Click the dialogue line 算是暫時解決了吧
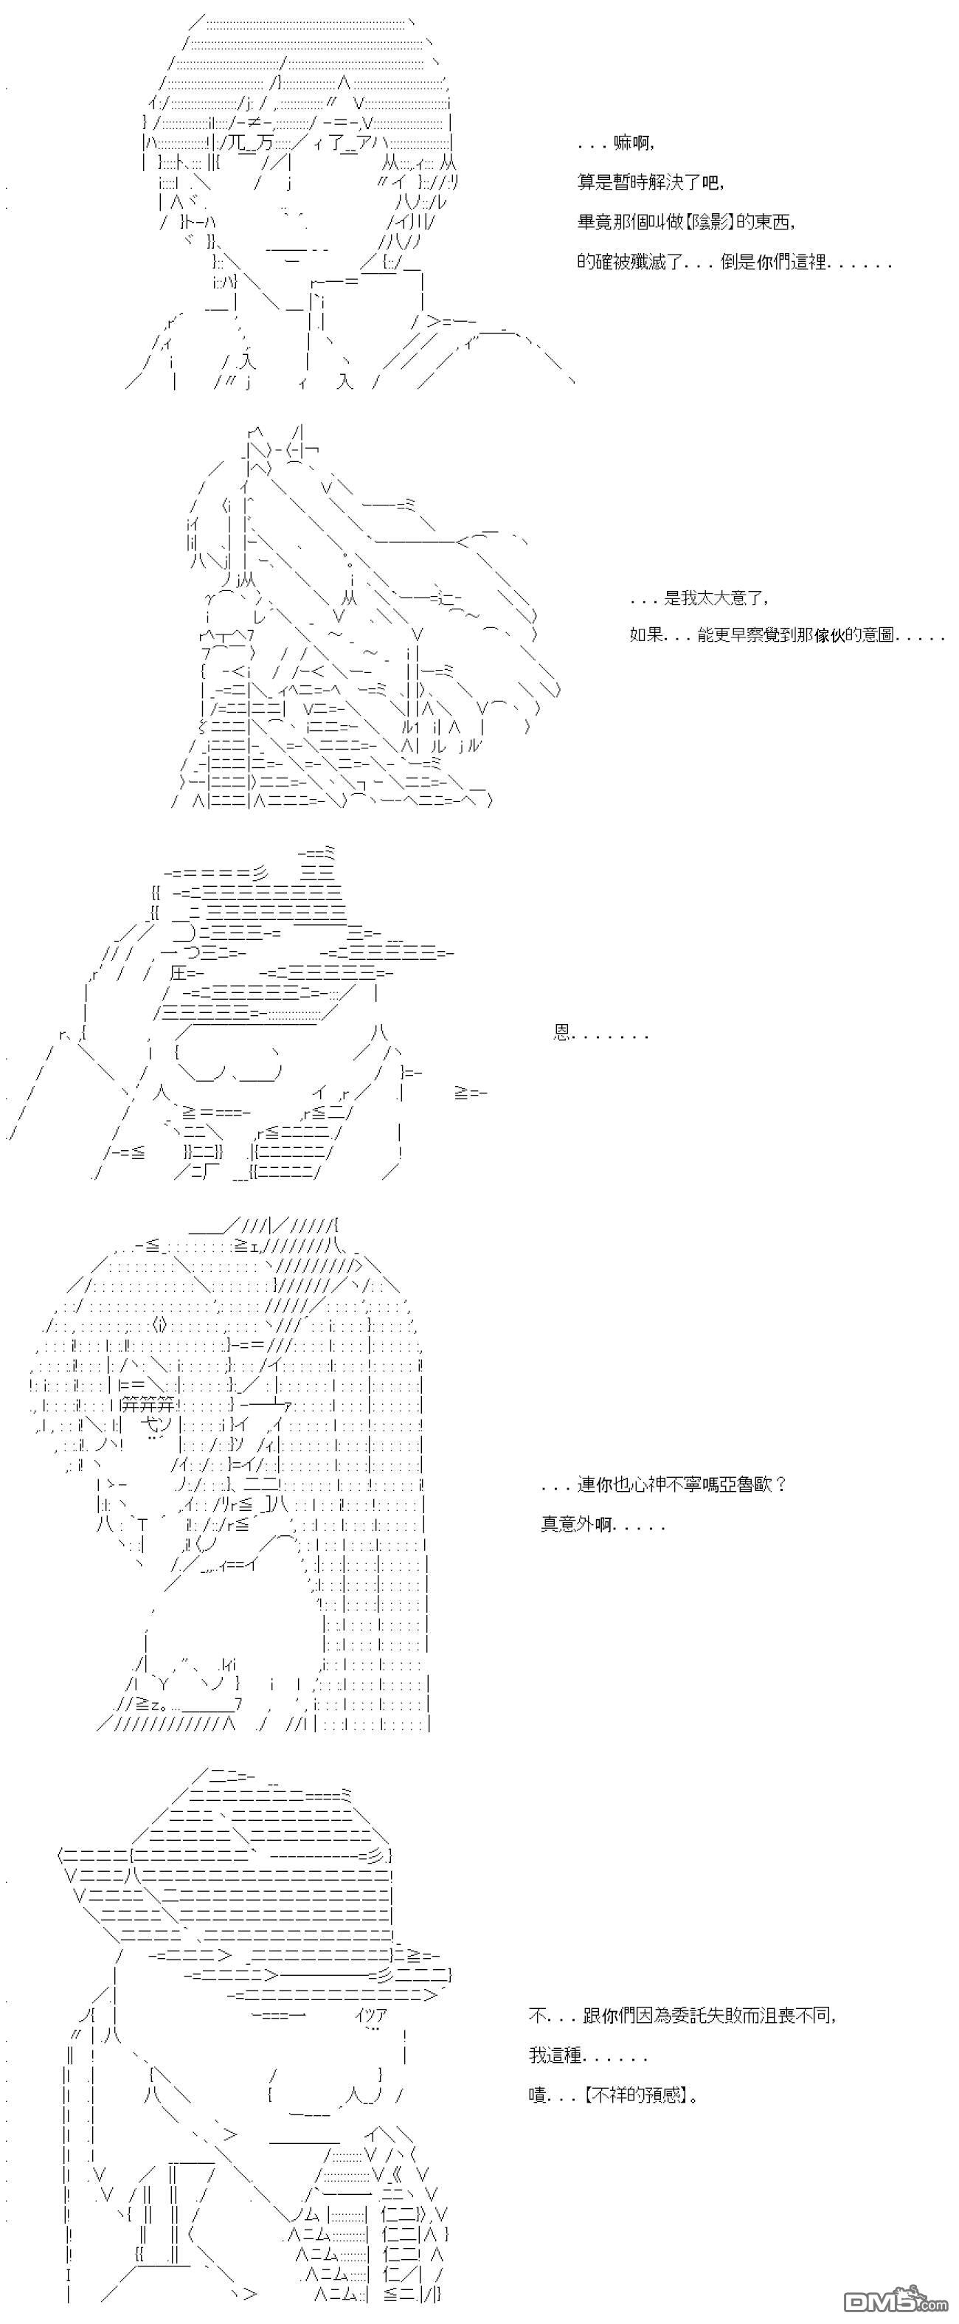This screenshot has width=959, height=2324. pyautogui.click(x=650, y=181)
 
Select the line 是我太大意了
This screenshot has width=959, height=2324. pyautogui.click(x=699, y=598)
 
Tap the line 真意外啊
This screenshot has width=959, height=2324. pyautogui.click(x=603, y=1525)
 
